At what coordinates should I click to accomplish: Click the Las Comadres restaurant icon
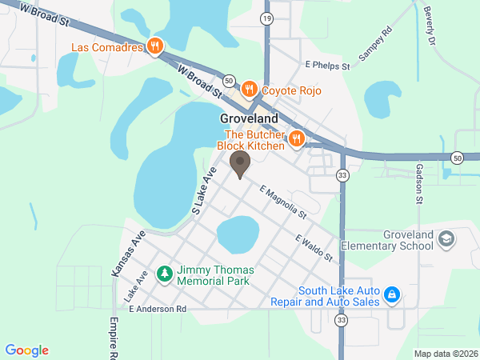pos(156,46)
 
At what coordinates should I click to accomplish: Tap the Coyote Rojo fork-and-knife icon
pos(249,89)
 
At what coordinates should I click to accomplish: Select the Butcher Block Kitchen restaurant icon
pos(296,138)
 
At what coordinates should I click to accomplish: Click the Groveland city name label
pos(249,118)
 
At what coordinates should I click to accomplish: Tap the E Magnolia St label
pos(283,202)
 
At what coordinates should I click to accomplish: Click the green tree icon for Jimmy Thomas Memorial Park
pos(165,274)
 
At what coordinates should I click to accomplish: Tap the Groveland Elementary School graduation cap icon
pos(446,238)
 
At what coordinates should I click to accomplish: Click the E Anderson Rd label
pos(157,309)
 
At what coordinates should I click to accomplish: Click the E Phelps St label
pos(328,65)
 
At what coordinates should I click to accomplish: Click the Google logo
pos(27,350)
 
